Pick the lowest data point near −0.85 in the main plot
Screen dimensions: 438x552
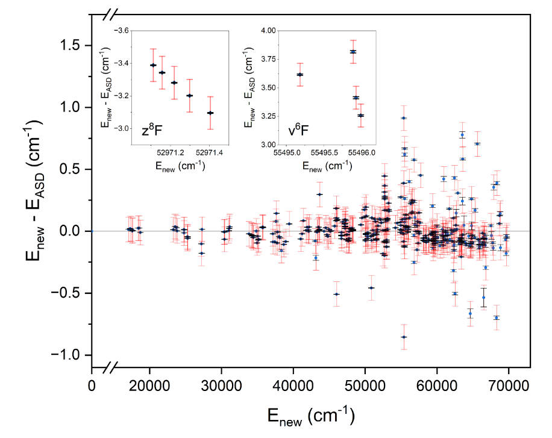[404, 337]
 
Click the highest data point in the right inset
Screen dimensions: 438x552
[353, 52]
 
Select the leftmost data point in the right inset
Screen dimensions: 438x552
[300, 75]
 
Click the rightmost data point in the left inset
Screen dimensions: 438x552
[210, 113]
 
